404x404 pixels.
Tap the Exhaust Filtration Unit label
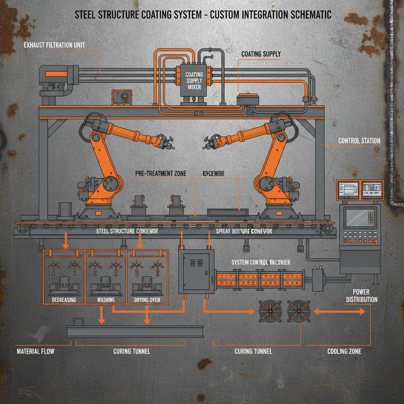[x=54, y=45]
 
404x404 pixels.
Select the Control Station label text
[x=359, y=141]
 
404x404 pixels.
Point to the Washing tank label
[x=106, y=300]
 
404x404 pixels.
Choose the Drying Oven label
[x=147, y=300]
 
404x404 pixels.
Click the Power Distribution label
[x=361, y=296]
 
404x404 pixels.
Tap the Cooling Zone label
[x=344, y=351]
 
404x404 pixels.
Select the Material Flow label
[x=36, y=351]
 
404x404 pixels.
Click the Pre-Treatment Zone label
[x=161, y=173]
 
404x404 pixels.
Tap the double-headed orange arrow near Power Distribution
[x=339, y=312]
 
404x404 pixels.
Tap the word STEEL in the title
[x=86, y=15]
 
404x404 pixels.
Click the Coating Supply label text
[x=261, y=54]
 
